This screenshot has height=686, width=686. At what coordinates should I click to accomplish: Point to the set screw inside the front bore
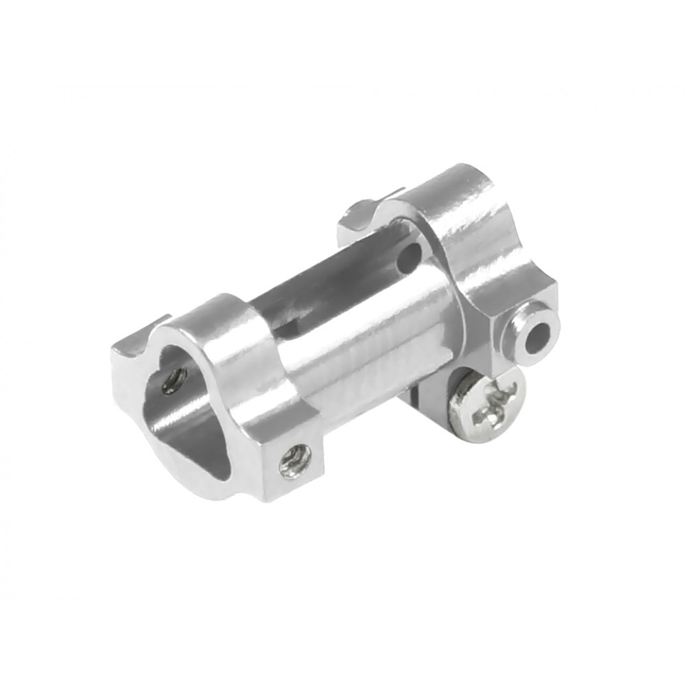pyautogui.click(x=174, y=381)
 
